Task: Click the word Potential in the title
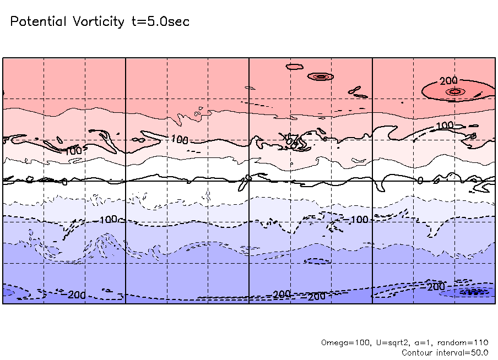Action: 39,22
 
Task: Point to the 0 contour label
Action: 420,180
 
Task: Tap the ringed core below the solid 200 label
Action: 455,91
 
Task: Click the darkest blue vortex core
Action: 474,292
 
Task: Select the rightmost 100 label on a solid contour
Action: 445,126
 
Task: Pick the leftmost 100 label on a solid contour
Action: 74,150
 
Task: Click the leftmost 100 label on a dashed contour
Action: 109,220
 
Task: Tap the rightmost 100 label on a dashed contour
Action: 359,220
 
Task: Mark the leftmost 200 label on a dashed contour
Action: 77,295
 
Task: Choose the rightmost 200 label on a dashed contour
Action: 436,287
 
